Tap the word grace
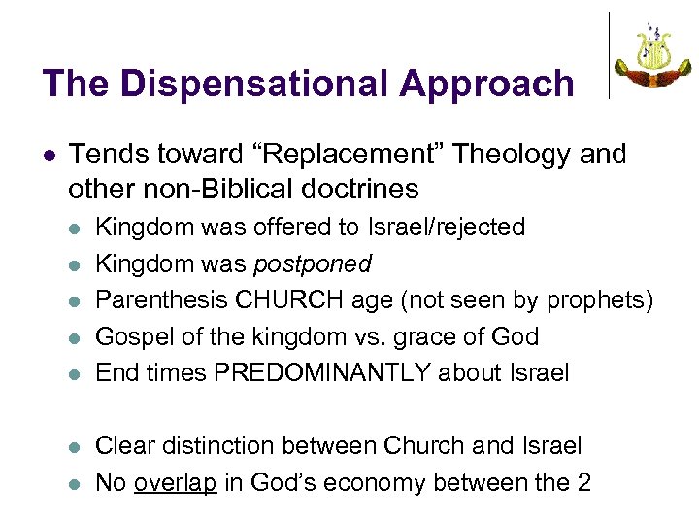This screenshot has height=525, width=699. click(456, 336)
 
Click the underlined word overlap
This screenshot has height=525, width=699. click(175, 482)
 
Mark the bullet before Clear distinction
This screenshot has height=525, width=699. click(77, 447)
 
